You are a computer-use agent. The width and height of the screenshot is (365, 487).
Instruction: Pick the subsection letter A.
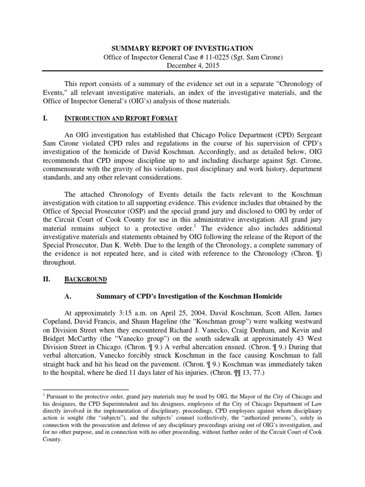click(67, 296)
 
